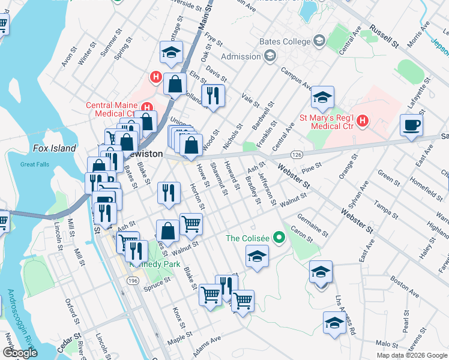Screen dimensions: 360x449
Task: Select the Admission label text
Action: pos(241,56)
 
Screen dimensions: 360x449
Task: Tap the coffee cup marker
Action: pos(412,125)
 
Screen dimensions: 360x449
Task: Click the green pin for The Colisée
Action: pos(278,238)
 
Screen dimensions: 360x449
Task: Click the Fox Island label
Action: pos(55,148)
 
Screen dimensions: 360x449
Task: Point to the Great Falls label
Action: pos(34,164)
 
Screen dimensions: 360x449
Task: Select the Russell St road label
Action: pos(384,37)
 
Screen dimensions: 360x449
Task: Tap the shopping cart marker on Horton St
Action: pos(191,224)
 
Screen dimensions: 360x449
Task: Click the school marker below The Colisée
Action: pos(257,256)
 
